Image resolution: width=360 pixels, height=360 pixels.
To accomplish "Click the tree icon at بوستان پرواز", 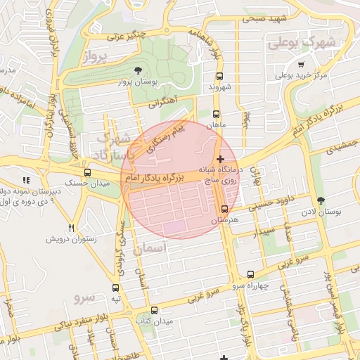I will click(138, 70).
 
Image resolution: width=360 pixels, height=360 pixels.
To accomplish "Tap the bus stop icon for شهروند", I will click(219, 76).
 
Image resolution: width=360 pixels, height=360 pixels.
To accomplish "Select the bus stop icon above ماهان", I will click(216, 114).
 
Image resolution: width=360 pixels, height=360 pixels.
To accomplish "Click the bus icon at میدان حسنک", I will click(87, 172).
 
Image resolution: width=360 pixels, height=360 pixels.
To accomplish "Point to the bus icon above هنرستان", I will click(224, 209).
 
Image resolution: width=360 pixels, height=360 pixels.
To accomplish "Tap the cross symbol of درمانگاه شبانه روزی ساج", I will click(221, 160).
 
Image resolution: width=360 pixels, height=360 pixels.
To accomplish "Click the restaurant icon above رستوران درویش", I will click(71, 228).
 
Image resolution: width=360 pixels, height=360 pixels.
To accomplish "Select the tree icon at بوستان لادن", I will click(321, 201).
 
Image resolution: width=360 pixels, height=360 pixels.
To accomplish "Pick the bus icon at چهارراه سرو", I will click(249, 274).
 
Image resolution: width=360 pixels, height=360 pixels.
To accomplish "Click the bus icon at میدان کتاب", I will click(155, 310).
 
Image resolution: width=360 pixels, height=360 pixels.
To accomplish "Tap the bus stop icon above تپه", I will click(115, 288).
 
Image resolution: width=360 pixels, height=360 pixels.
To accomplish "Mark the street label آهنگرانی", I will click(163, 103).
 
